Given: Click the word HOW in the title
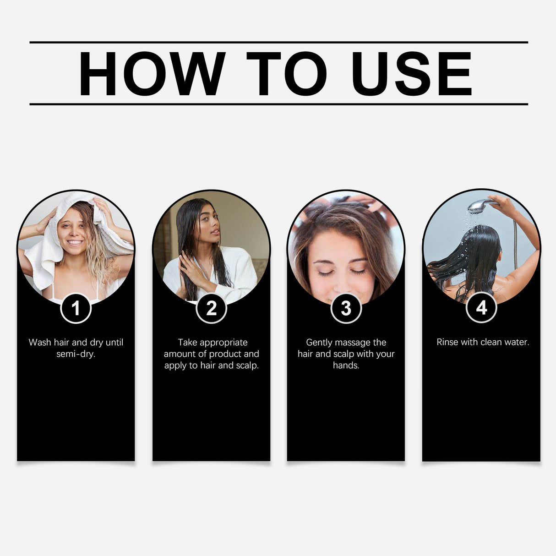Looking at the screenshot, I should tap(152, 74).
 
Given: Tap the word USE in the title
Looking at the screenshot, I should tap(411, 74).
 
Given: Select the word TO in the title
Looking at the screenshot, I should tap(287, 74).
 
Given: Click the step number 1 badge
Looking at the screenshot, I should tap(76, 308).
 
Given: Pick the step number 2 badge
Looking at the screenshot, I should tap(211, 308).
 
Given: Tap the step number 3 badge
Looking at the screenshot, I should tap(346, 308).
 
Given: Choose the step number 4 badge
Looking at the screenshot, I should tap(481, 308).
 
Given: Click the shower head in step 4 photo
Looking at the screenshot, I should tap(479, 206).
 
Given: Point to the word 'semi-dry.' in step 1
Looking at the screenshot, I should tap(76, 354).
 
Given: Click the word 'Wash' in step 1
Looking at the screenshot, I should tap(40, 343).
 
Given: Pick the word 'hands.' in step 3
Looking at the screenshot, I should tap(346, 365).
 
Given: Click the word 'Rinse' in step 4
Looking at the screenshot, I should tap(447, 342).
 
